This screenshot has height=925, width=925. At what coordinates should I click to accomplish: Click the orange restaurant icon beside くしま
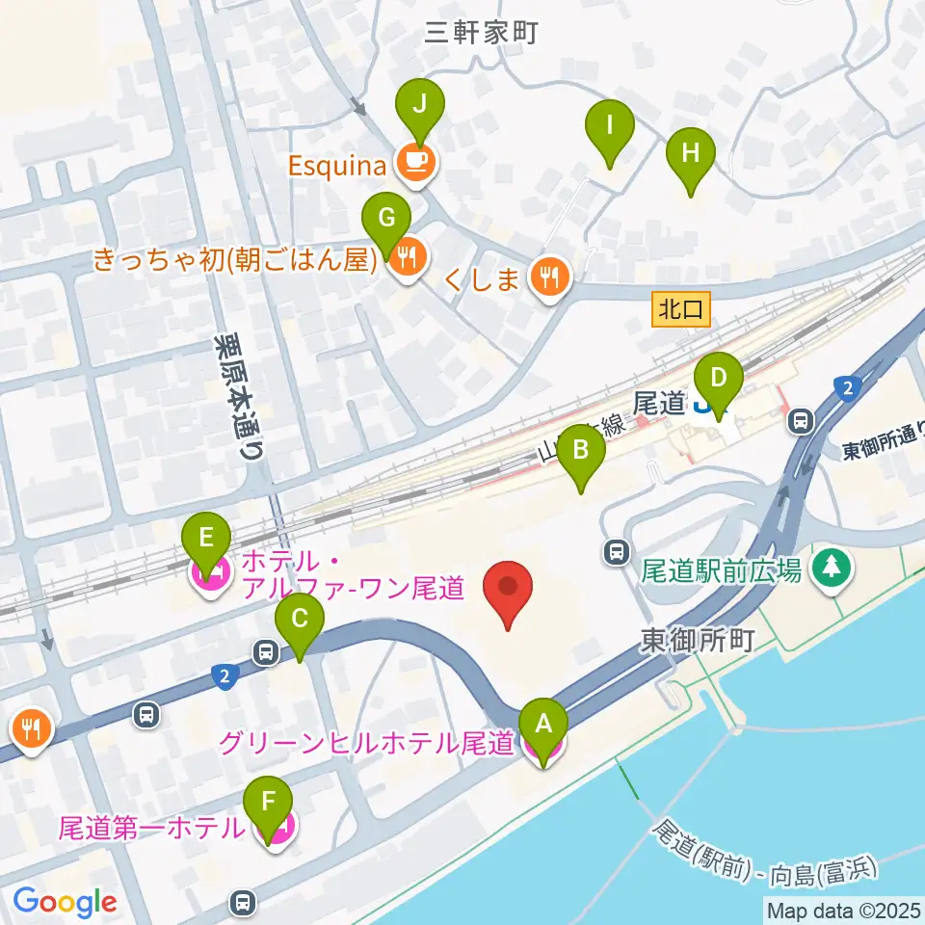pos(550,279)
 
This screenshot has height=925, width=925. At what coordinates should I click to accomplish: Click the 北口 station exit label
pos(682,309)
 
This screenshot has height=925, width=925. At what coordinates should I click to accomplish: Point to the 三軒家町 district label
pos(481,33)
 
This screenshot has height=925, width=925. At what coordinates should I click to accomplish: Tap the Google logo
pos(65,901)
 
